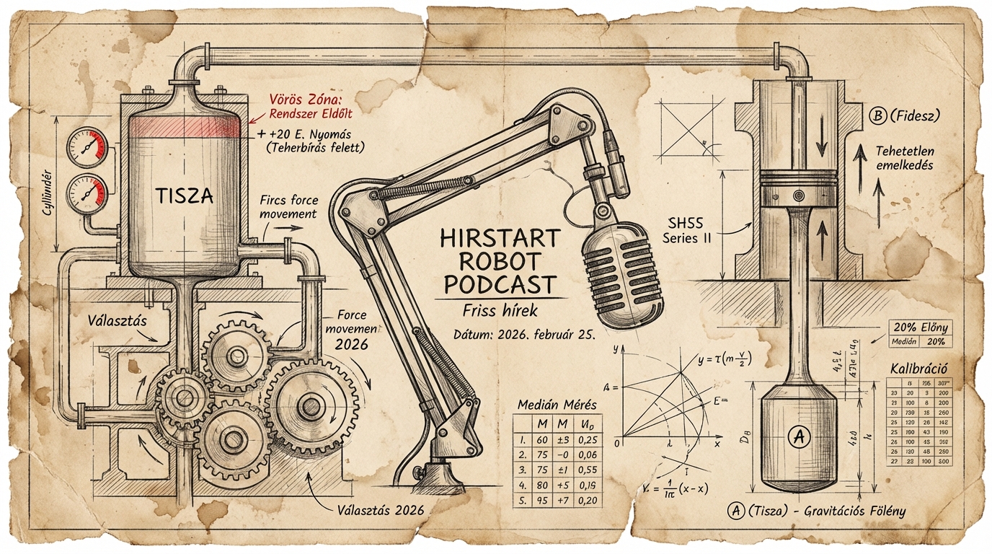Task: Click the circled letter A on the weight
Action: (797, 435)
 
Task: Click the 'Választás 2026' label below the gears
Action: (380, 510)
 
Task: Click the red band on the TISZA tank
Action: (185, 127)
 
